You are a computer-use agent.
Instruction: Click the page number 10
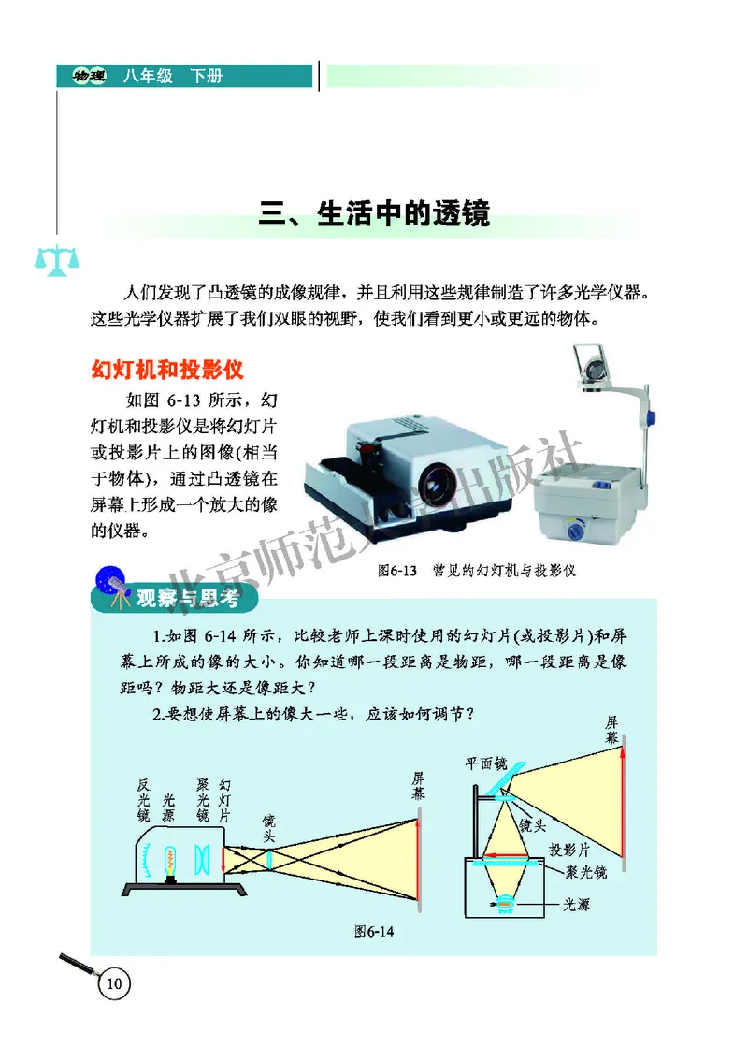[x=114, y=983]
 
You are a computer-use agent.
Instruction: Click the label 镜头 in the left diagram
[x=269, y=824]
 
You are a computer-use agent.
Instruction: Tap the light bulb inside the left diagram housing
[x=171, y=862]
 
